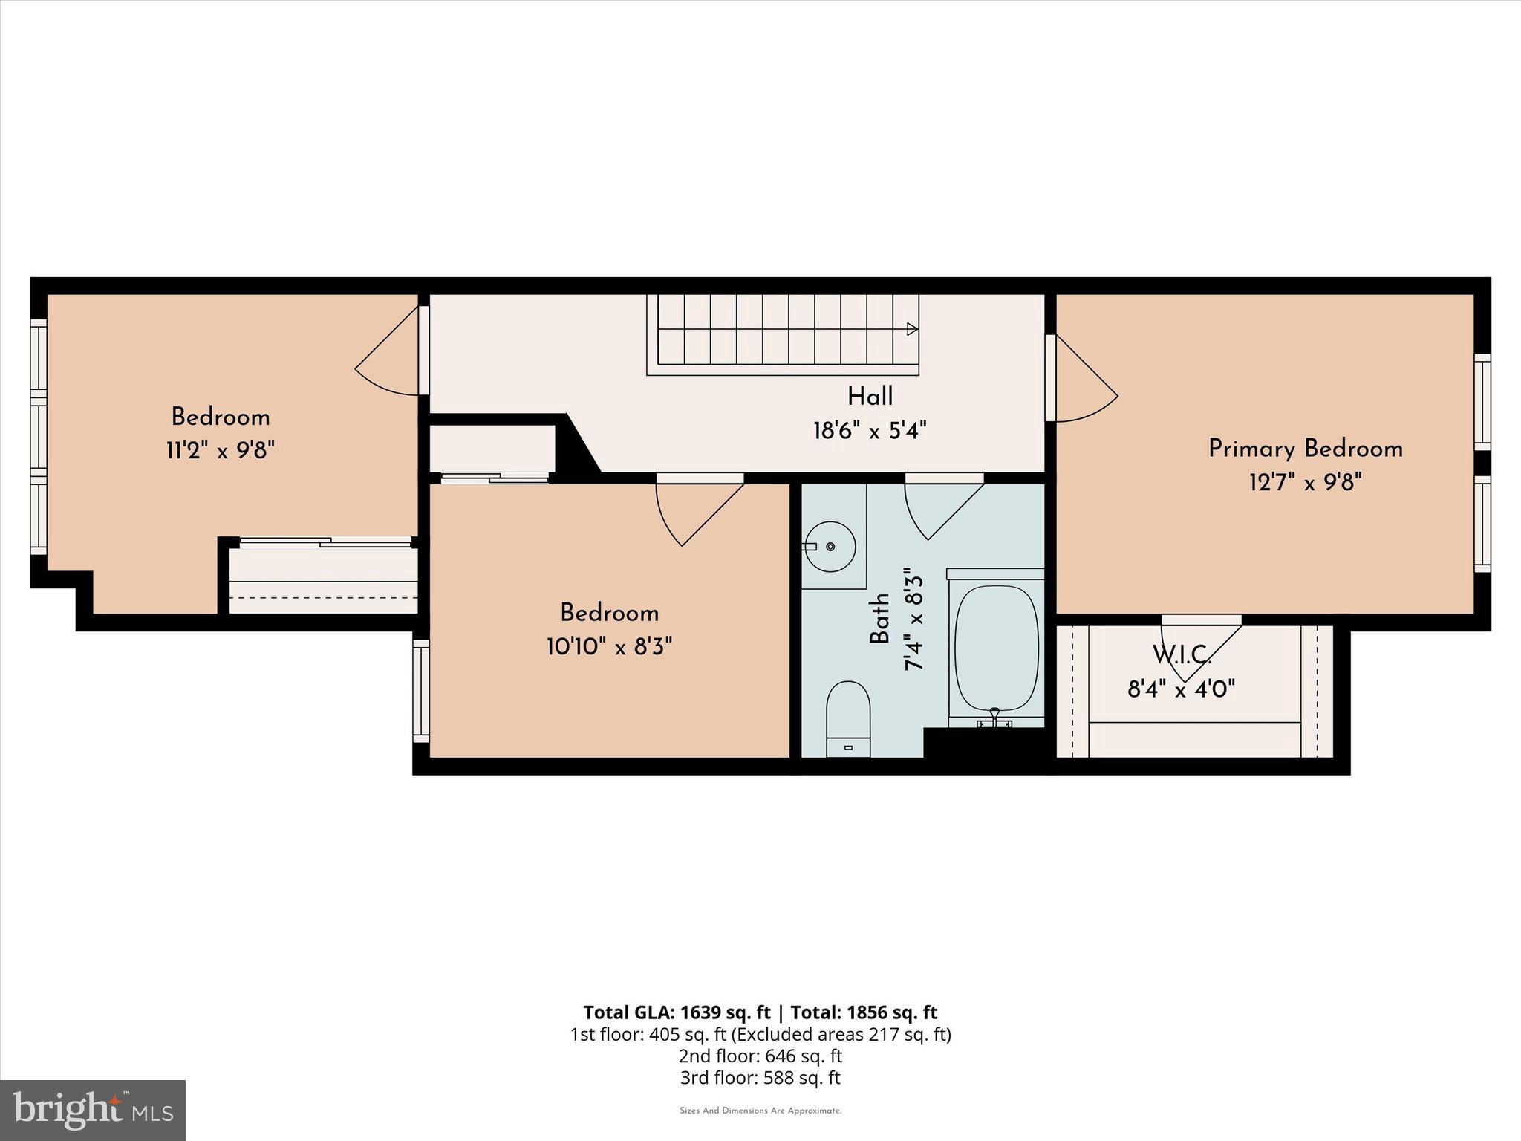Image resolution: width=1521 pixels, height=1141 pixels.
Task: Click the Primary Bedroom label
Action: coord(1305,449)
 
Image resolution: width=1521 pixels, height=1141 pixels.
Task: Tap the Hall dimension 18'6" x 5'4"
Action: coord(870,430)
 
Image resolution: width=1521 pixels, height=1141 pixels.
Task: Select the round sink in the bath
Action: coord(830,546)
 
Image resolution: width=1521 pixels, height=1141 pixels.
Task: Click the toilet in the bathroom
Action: coord(848,717)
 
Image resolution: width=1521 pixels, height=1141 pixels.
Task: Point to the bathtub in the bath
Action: coord(996,647)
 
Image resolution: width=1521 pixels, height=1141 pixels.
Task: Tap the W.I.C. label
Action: coord(1182,655)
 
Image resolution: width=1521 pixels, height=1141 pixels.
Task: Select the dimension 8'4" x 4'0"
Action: coord(1181,689)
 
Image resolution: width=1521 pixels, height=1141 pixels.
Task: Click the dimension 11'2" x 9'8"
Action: coord(221,450)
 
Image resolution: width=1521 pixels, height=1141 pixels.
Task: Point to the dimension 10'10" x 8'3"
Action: coord(609,647)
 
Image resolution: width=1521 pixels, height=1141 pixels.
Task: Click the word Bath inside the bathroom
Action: coord(879,618)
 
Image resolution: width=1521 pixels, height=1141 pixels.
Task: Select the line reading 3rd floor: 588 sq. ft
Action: coord(760,1077)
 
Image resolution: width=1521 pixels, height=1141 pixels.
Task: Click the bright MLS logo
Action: coord(93,1110)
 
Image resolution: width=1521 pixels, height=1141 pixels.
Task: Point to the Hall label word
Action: coord(870,396)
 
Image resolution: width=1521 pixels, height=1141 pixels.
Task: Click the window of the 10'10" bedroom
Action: coord(421,691)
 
